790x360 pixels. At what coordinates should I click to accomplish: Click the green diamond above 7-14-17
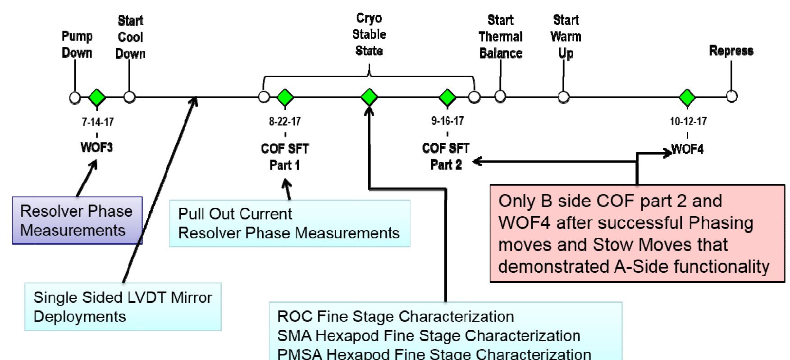tap(97, 97)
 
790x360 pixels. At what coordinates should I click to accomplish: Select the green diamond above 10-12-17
tap(687, 97)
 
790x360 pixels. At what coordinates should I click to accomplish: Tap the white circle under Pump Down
tap(75, 97)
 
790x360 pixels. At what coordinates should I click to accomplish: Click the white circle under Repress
tap(732, 96)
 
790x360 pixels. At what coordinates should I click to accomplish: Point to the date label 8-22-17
tap(285, 122)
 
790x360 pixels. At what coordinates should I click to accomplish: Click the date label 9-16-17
tap(447, 121)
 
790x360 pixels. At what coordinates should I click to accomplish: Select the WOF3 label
tap(96, 147)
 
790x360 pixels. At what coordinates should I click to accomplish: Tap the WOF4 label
tap(687, 149)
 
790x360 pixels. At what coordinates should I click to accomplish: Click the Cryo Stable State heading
tap(369, 35)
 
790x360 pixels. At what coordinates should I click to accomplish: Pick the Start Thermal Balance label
tap(500, 36)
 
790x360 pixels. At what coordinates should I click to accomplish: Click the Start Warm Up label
tap(566, 36)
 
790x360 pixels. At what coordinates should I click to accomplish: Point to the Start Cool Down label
tap(130, 37)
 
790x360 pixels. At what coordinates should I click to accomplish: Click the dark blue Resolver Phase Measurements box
tap(77, 220)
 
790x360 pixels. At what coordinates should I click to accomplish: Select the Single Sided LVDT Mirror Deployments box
tap(123, 307)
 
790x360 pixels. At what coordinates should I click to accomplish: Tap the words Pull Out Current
tap(235, 214)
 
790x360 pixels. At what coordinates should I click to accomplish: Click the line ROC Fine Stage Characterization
tap(395, 316)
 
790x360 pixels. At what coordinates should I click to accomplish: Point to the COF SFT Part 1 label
tap(285, 157)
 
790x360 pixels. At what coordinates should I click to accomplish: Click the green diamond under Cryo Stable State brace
tap(369, 97)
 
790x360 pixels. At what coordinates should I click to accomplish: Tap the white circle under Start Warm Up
tap(563, 97)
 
